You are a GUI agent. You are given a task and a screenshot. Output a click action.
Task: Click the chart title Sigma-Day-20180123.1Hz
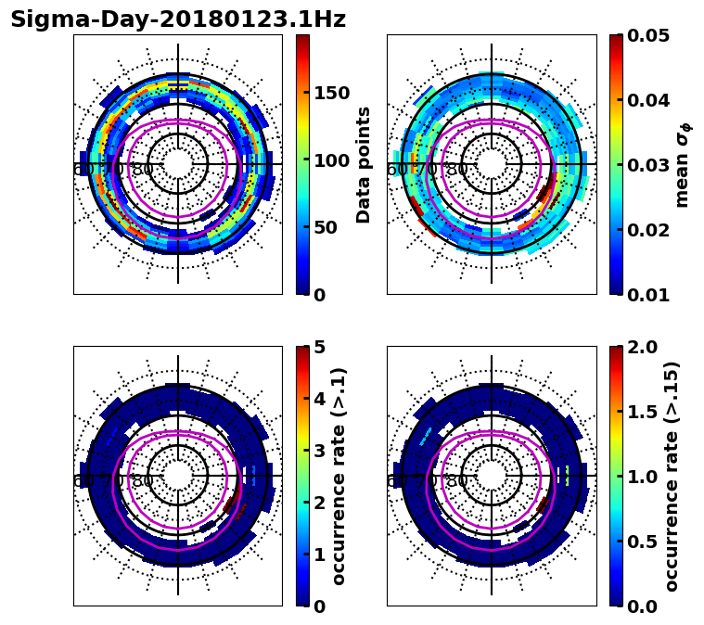tap(177, 19)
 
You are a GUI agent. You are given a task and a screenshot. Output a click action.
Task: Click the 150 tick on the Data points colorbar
tap(331, 93)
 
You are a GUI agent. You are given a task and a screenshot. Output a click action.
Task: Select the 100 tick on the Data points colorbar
tap(331, 160)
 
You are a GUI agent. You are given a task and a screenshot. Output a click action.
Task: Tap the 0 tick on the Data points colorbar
tap(319, 295)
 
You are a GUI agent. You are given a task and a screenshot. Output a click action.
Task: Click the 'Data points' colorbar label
tap(364, 164)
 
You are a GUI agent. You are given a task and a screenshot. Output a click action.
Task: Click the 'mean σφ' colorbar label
tap(682, 165)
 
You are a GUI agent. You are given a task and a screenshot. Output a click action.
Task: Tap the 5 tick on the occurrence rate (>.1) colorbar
tap(319, 347)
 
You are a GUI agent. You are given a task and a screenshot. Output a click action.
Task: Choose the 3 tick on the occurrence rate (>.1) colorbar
tap(319, 451)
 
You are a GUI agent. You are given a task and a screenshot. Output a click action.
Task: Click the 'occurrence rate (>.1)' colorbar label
tap(339, 476)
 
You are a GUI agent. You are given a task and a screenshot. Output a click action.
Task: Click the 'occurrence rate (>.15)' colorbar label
tap(672, 476)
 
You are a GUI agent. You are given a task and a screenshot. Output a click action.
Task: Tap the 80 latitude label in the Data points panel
tap(142, 170)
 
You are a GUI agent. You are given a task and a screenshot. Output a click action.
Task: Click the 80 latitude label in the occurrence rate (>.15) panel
tap(456, 481)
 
